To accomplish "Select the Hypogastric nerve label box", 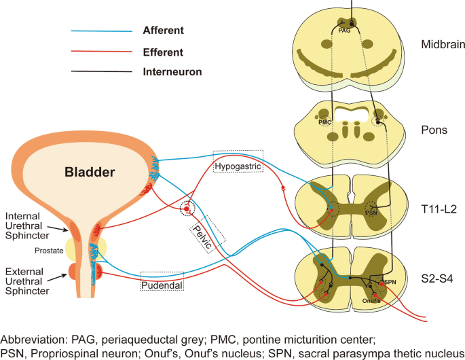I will [237, 166].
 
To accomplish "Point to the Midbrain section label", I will [442, 46].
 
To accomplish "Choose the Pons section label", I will [434, 129].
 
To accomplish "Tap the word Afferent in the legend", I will [164, 31].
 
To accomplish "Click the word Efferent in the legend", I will [163, 52].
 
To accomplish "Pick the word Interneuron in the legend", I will [172, 71].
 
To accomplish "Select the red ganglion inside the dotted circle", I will [186, 209].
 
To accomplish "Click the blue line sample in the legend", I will [101, 31].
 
